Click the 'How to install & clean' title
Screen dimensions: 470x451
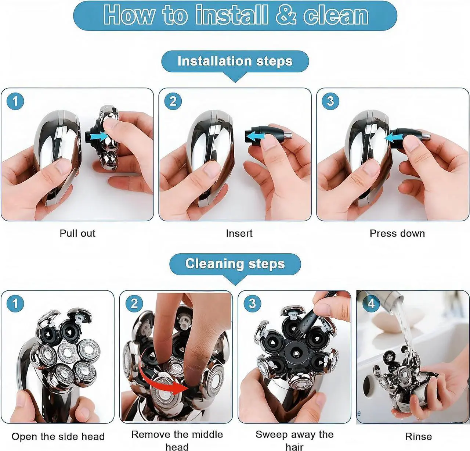pyautogui.click(x=235, y=15)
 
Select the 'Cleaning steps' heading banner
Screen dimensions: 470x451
pyautogui.click(x=235, y=264)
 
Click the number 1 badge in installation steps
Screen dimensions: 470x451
pyautogui.click(x=15, y=101)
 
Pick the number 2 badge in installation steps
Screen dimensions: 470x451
pyautogui.click(x=173, y=101)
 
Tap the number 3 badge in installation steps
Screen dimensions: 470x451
pyautogui.click(x=330, y=101)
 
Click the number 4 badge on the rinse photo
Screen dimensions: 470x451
pyautogui.click(x=371, y=303)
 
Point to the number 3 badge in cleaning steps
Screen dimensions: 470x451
pyautogui.click(x=252, y=303)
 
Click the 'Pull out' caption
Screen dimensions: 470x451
pyautogui.click(x=77, y=233)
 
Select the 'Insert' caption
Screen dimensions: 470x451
pyautogui.click(x=239, y=233)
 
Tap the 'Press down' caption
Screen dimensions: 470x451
pyautogui.click(x=397, y=233)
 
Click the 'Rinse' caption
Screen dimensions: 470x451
pyautogui.click(x=419, y=437)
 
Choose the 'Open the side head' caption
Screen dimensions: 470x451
pyautogui.click(x=58, y=437)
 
